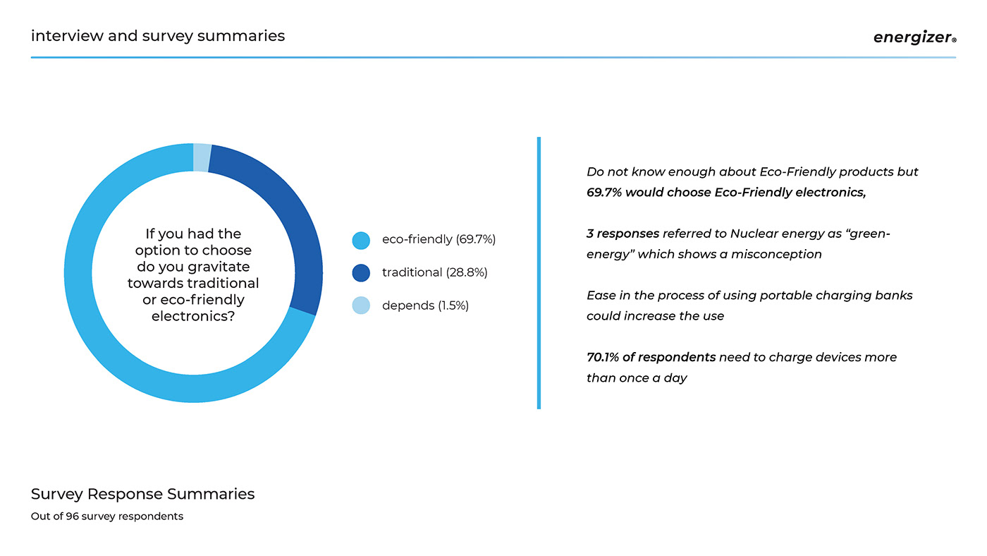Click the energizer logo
[914, 37]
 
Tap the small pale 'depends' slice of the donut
[202, 157]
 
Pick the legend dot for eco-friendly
[361, 241]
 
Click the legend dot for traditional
[361, 273]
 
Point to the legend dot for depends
[361, 306]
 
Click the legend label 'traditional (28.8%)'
[434, 272]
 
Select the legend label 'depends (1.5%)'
[425, 306]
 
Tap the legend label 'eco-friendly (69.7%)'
[439, 240]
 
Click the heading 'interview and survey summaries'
[158, 35]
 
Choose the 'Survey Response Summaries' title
[142, 494]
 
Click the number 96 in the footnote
[72, 516]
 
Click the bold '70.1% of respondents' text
[651, 357]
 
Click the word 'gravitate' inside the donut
[219, 267]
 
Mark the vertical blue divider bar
[539, 273]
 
